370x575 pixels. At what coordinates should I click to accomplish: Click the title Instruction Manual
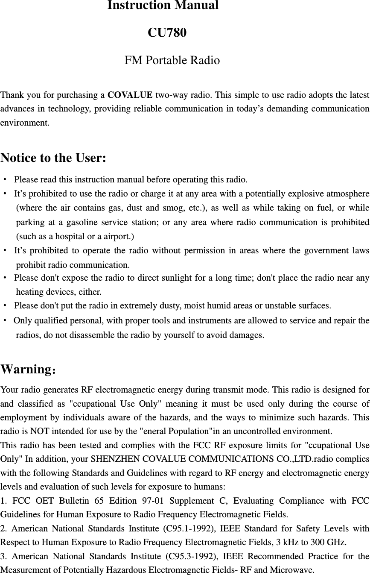click(163, 6)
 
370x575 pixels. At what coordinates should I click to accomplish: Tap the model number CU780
click(167, 33)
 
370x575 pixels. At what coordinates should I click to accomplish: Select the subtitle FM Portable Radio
click(172, 61)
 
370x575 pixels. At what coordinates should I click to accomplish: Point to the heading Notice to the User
click(53, 158)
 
